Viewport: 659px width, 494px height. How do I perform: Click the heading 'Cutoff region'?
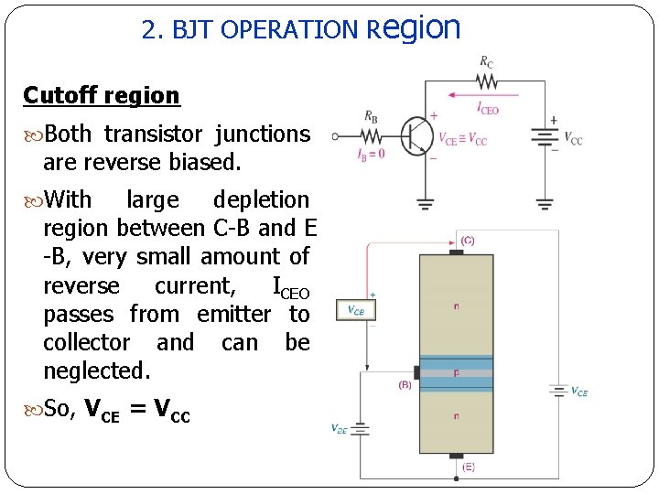tap(102, 95)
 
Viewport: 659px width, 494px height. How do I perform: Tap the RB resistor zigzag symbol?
tap(370, 135)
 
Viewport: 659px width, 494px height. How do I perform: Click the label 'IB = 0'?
tap(371, 154)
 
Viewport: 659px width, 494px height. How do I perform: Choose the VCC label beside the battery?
tap(572, 139)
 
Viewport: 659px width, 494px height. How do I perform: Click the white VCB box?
tap(356, 310)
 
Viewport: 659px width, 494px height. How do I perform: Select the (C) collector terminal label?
tap(467, 240)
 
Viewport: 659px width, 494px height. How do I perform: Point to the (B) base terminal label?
tap(405, 385)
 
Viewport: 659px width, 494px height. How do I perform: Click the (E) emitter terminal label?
tap(467, 467)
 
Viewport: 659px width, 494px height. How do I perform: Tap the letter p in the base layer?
tap(456, 373)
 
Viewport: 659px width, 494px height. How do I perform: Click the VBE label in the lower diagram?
tap(338, 427)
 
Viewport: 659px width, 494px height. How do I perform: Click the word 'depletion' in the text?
tap(261, 199)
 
